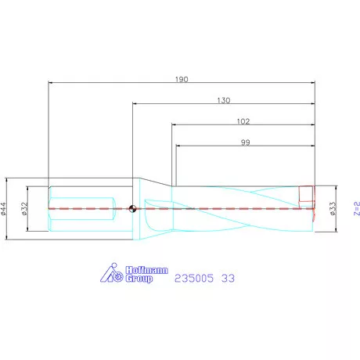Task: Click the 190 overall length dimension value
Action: [182, 79]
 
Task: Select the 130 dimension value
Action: [224, 100]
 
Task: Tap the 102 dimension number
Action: [243, 121]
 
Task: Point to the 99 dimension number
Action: [245, 142]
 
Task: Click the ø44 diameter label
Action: [4, 209]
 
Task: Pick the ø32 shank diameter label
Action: [25, 209]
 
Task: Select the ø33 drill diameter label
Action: [333, 209]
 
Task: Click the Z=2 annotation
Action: [357, 208]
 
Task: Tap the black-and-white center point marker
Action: [132, 208]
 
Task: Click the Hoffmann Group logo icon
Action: [111, 272]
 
